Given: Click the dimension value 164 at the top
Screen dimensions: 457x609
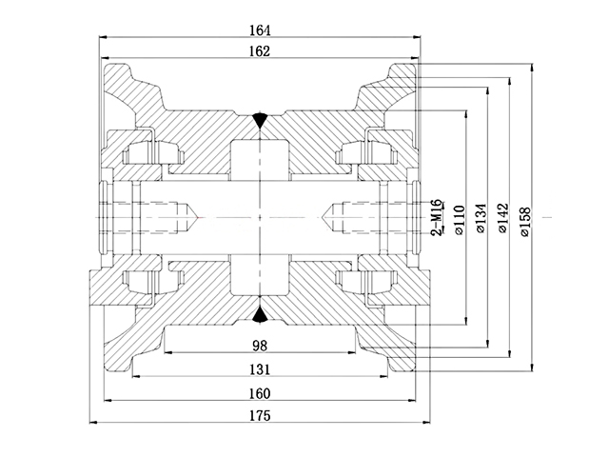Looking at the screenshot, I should click(x=259, y=30).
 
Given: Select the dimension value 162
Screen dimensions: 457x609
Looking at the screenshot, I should click(x=259, y=50).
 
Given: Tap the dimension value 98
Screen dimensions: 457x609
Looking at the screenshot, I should click(x=259, y=344).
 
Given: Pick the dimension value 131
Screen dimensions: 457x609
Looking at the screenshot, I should click(x=259, y=369).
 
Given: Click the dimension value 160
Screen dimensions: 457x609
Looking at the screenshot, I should click(x=259, y=394).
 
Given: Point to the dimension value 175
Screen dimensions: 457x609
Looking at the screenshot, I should click(x=259, y=416).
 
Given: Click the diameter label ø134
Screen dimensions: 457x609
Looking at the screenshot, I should click(x=481, y=218).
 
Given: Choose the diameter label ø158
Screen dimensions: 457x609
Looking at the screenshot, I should click(x=526, y=218).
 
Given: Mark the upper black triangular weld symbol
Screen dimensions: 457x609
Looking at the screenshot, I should click(x=259, y=121).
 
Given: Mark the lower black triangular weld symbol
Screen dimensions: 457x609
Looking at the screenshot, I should click(x=259, y=315).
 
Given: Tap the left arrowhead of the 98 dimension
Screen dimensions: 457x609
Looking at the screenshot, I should click(x=168, y=353).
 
